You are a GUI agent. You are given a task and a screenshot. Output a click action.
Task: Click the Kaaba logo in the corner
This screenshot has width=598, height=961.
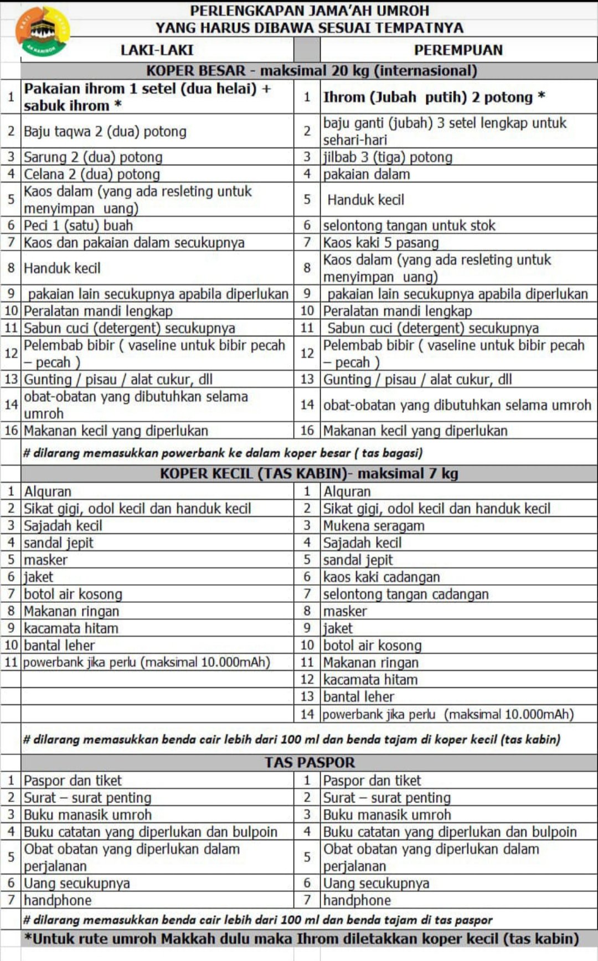(x=43, y=31)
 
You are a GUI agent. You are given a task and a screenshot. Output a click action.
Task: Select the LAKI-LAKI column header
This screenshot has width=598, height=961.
(x=157, y=50)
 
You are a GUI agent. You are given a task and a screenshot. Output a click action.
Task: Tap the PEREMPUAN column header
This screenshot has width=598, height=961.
(x=458, y=50)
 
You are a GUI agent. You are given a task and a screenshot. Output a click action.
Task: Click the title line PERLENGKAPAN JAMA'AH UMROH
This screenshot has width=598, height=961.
(x=310, y=11)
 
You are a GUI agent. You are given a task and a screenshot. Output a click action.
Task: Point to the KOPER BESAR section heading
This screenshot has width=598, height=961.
(x=311, y=70)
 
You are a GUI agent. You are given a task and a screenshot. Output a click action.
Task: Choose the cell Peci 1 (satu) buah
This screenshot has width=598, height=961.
(x=78, y=225)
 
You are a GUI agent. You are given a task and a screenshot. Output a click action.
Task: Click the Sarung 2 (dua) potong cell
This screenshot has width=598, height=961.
(x=93, y=157)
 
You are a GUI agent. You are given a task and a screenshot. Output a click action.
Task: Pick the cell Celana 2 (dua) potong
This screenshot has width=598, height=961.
(x=92, y=174)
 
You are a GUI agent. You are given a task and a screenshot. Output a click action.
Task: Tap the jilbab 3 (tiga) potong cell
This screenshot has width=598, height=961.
(x=388, y=157)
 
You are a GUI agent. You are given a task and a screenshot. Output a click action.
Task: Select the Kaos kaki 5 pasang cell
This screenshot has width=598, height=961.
(x=381, y=242)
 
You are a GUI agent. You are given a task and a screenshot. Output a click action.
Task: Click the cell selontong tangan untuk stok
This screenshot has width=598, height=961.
(x=409, y=225)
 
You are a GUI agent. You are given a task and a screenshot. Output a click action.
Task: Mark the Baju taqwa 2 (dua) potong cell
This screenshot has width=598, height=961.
(x=105, y=131)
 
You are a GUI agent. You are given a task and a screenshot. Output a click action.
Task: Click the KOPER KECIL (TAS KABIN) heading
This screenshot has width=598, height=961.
(x=309, y=473)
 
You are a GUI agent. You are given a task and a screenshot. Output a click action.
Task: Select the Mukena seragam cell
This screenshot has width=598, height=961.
(x=374, y=525)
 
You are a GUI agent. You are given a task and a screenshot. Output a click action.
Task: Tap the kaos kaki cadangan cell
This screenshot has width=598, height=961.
(x=382, y=577)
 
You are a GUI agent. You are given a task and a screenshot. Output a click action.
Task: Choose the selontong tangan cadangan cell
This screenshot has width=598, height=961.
(x=406, y=594)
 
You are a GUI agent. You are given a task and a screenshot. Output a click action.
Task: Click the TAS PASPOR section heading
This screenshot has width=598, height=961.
(x=309, y=762)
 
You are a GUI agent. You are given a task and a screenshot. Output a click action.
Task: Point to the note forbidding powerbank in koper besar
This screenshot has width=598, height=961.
(x=223, y=453)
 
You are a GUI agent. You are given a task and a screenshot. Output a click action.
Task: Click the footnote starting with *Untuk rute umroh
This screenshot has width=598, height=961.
(x=301, y=938)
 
